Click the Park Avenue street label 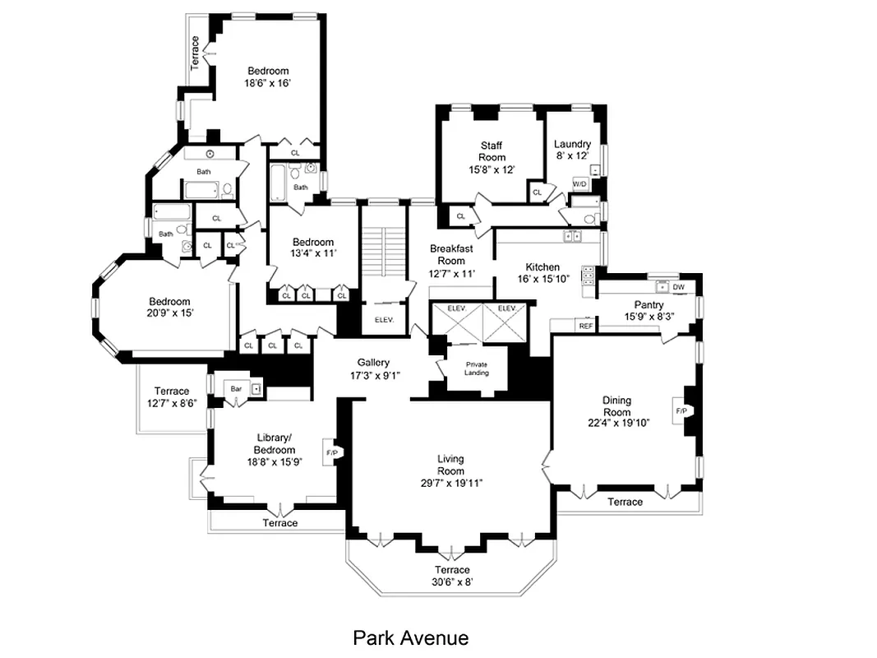410,637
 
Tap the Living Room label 450,465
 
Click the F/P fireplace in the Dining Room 681,410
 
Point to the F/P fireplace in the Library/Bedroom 332,452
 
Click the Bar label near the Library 236,388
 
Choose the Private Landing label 477,368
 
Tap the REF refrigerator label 585,327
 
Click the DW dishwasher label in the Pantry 678,287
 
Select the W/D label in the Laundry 579,183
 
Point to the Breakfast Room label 451,254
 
